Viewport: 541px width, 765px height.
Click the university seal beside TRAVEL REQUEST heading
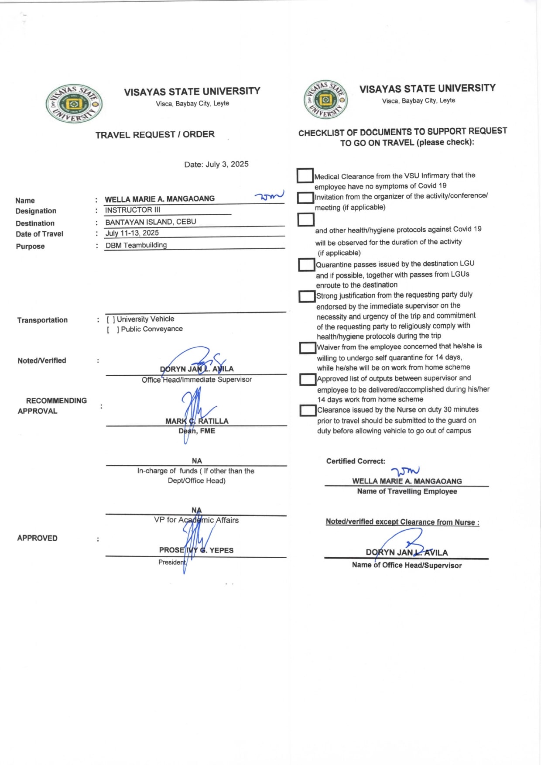[74, 104]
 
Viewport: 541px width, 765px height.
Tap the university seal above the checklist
[325, 100]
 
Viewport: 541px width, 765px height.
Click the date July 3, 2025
[216, 165]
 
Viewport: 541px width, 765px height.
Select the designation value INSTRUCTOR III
[133, 210]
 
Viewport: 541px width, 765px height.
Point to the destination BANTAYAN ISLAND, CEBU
[151, 222]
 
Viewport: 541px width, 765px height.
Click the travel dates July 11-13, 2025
[132, 233]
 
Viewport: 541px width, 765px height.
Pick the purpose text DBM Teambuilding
[136, 245]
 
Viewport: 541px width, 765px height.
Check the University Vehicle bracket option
[111, 319]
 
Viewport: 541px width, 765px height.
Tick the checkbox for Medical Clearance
[305, 175]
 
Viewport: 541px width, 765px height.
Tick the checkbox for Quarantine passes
[306, 264]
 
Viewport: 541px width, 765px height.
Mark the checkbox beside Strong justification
[307, 296]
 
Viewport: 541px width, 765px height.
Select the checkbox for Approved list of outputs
[308, 379]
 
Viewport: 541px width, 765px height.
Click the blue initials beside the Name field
[269, 196]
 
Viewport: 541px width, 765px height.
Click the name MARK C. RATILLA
[197, 421]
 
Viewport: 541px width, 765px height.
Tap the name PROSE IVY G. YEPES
[196, 550]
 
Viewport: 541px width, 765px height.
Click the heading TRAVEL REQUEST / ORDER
[155, 134]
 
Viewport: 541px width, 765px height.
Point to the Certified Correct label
[356, 461]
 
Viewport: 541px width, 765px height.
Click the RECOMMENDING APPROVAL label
[52, 406]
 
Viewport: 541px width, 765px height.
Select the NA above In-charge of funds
[197, 461]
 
